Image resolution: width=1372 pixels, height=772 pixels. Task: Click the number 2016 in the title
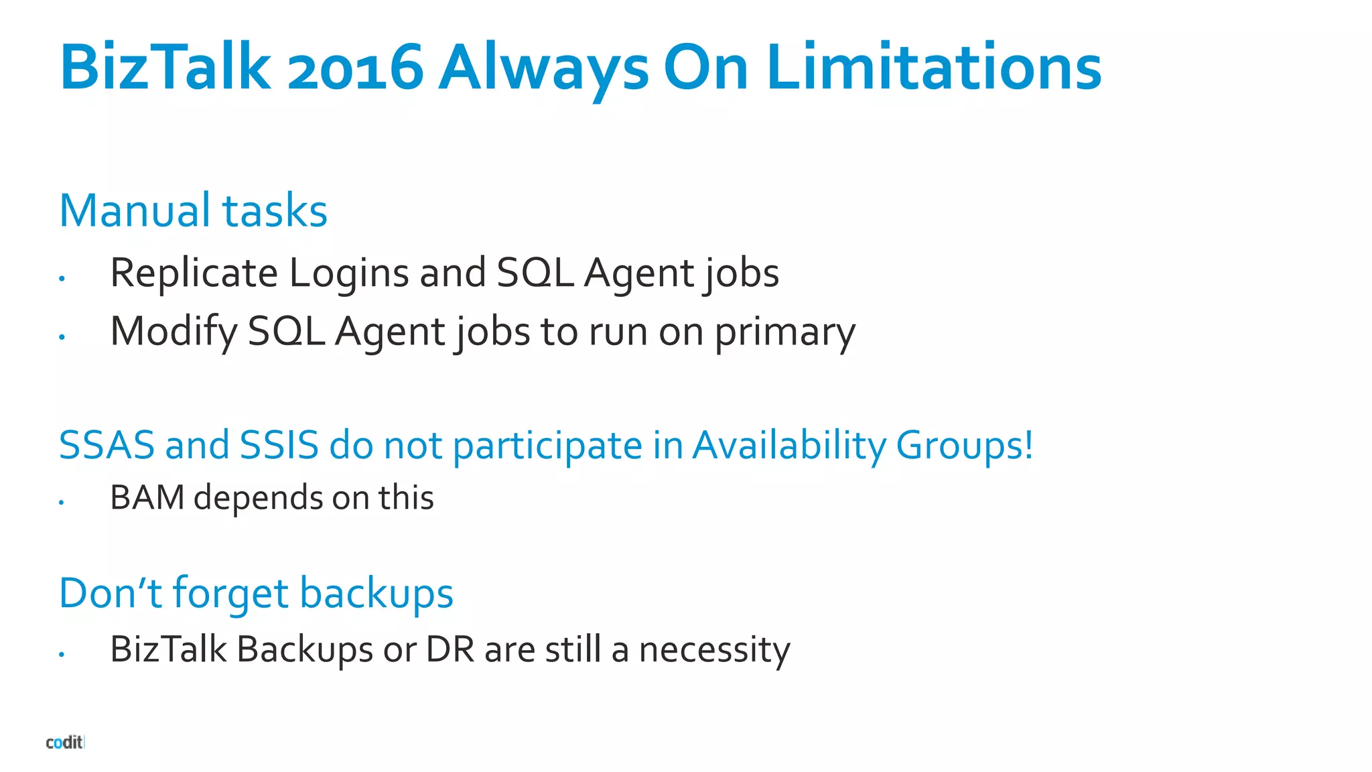[355, 67]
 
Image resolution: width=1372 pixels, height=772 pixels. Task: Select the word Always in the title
[543, 68]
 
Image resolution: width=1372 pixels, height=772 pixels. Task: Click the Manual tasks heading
[193, 210]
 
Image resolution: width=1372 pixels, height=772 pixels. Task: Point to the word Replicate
[194, 273]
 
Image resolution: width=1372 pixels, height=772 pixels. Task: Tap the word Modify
[174, 332]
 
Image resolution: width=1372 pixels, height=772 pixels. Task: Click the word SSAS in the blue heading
[107, 445]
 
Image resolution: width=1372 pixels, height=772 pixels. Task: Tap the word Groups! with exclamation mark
[965, 446]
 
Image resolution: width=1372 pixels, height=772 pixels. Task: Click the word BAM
[147, 497]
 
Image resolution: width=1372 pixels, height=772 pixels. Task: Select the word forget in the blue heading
[230, 594]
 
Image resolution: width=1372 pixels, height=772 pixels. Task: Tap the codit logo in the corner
[64, 742]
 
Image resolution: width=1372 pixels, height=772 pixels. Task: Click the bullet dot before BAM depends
[61, 502]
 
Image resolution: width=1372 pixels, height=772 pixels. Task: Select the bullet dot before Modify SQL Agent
[62, 337]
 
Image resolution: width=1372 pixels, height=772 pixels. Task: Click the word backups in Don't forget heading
[376, 594]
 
